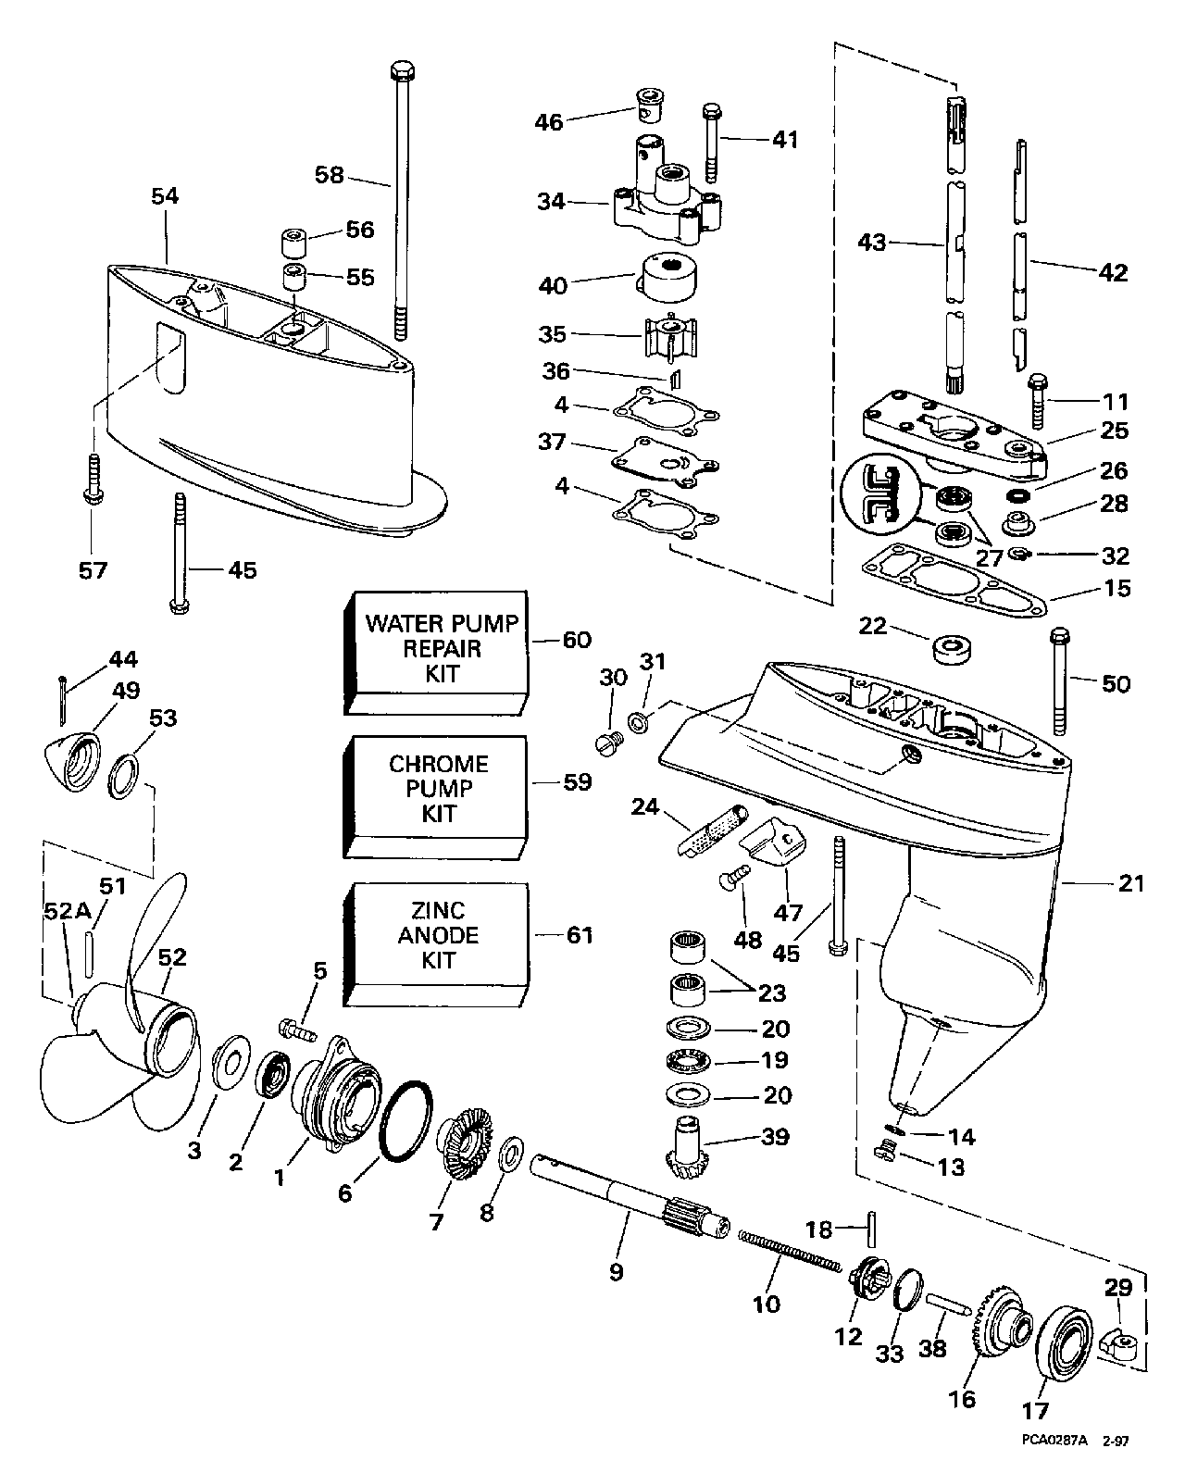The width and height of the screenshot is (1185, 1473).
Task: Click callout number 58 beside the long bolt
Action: click(329, 174)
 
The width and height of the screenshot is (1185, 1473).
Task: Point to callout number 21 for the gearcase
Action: click(1130, 884)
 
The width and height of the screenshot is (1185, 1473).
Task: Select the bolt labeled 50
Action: click(1061, 680)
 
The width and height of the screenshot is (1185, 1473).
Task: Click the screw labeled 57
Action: click(92, 477)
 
